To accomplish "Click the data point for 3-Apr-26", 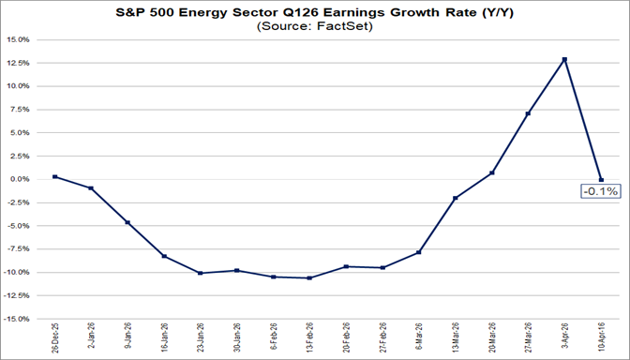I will coord(564,59).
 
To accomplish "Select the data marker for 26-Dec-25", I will coord(55,176).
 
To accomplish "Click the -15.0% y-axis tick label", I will coord(18,319).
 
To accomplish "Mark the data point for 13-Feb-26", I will coord(309,277).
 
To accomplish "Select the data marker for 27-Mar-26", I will coord(528,113).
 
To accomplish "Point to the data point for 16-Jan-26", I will coord(164,256).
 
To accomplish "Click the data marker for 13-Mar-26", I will coord(456,198).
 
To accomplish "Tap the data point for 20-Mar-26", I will coord(492,172).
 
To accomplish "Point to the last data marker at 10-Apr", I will coord(601,180).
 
